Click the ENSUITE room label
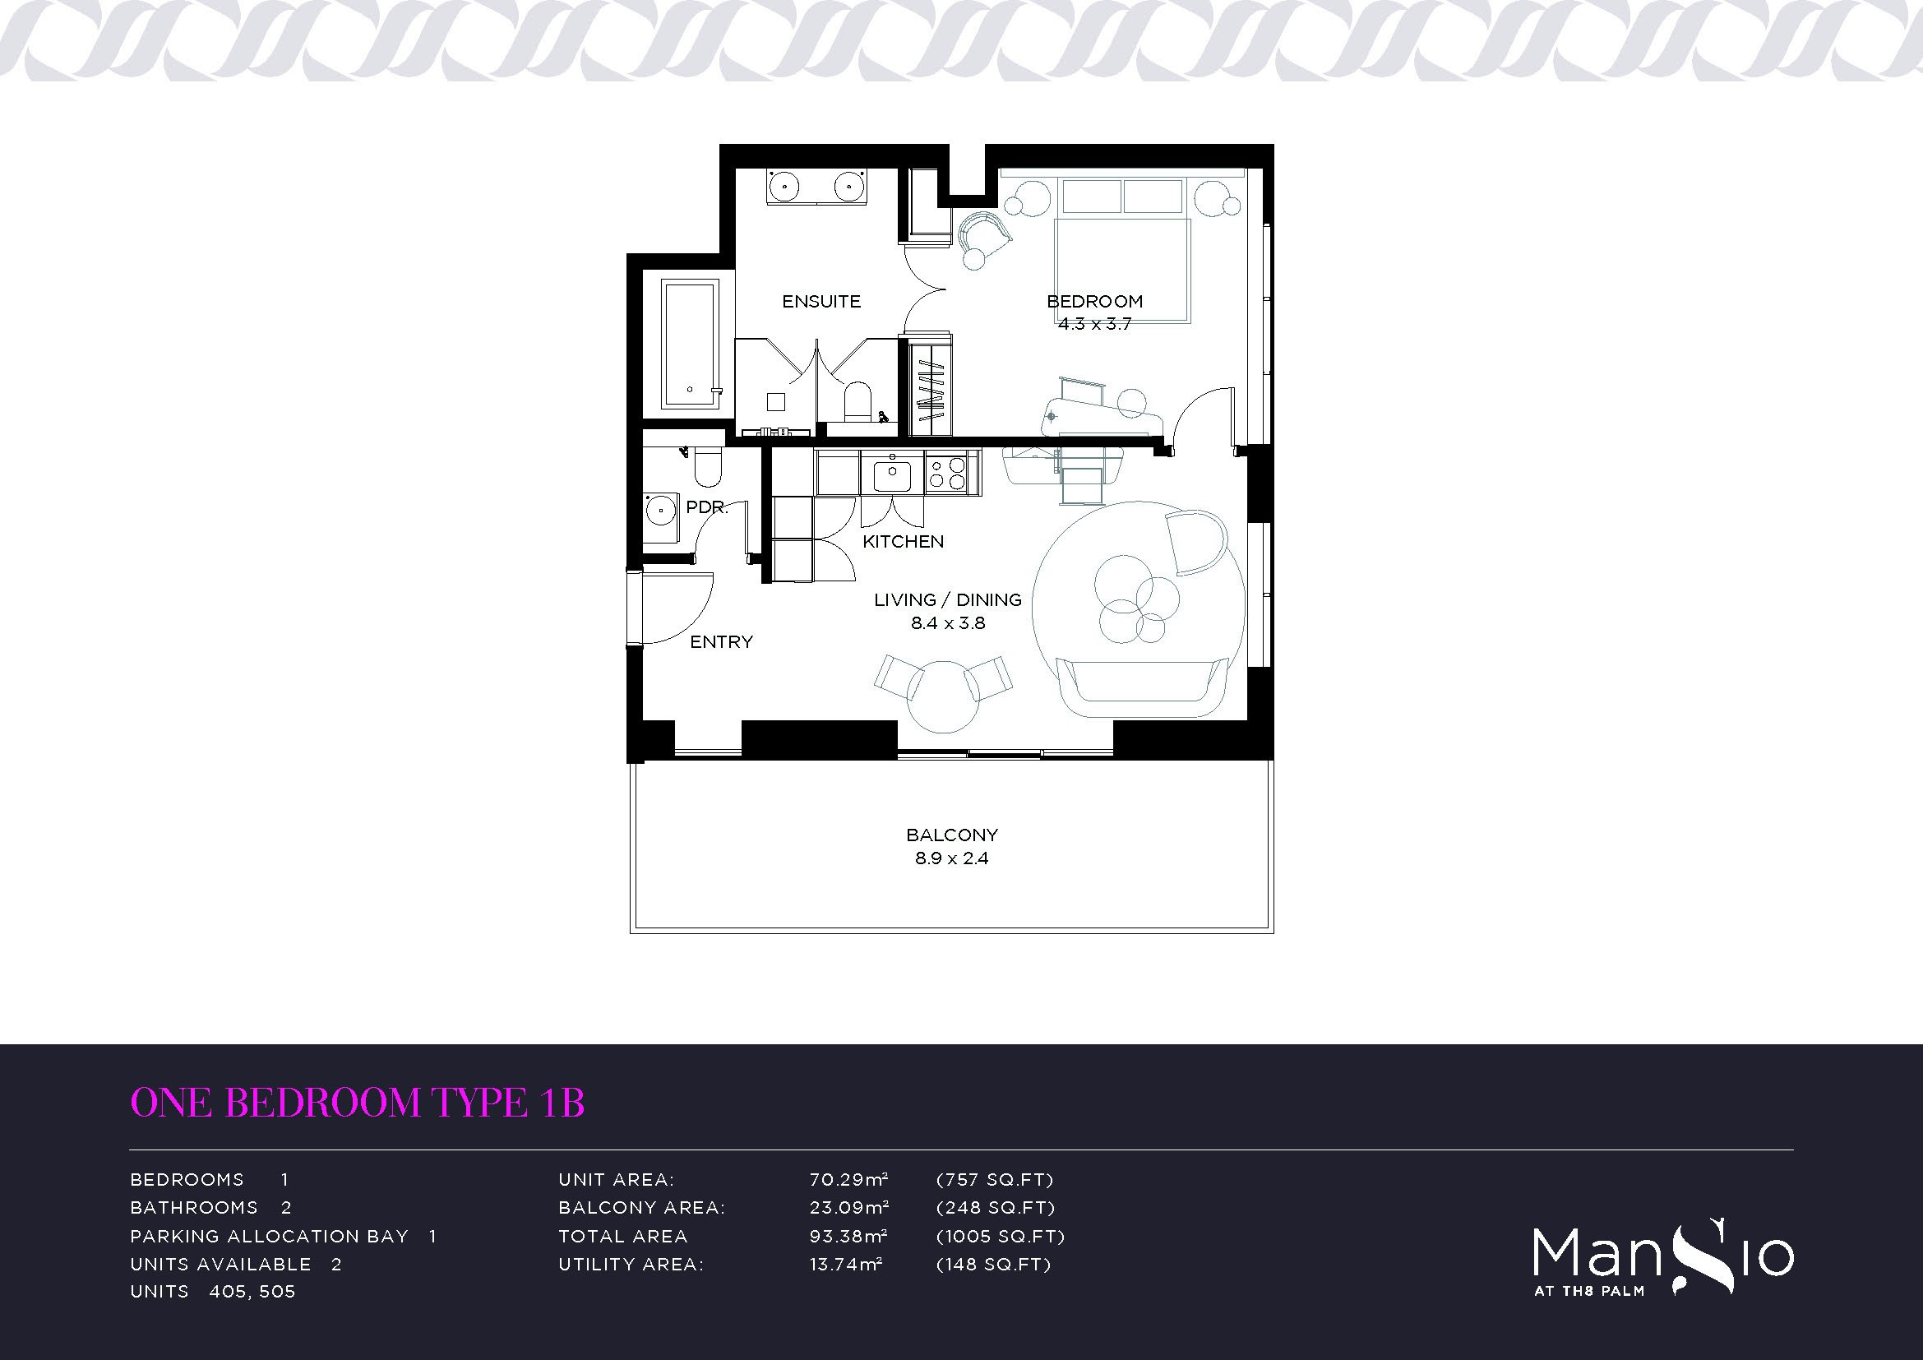point(821,302)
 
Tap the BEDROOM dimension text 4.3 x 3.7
point(1093,324)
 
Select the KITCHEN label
point(903,542)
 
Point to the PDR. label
point(707,507)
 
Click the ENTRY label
point(721,642)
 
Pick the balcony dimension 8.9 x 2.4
point(951,858)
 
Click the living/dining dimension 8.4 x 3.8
point(948,623)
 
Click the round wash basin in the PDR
point(661,508)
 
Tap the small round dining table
point(944,696)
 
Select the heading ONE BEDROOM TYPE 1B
point(358,1103)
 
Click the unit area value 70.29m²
point(848,1180)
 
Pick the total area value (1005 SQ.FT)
point(1000,1236)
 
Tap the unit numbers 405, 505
point(252,1293)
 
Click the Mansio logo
point(1663,1261)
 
